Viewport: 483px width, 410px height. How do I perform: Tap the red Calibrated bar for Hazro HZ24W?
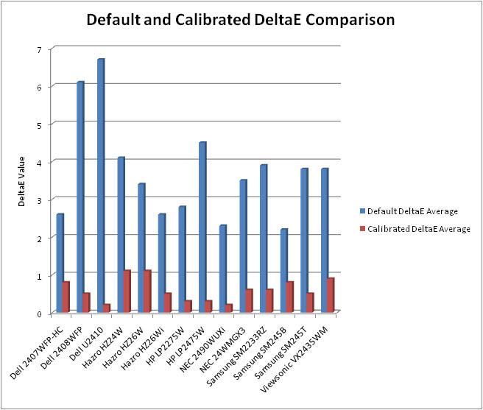click(x=127, y=291)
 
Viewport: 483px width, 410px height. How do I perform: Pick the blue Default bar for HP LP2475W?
click(x=202, y=227)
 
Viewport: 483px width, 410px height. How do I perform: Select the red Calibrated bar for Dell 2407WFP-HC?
click(x=66, y=297)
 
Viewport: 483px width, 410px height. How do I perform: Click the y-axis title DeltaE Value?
click(x=23, y=181)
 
